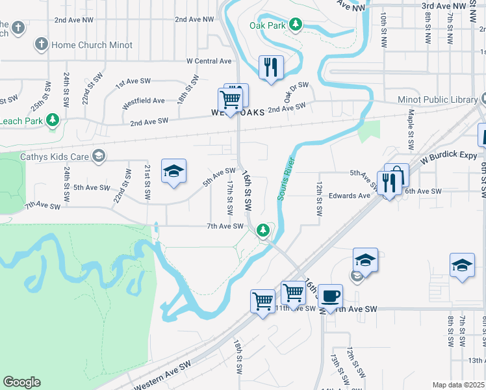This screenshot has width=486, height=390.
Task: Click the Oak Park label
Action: pyautogui.click(x=267, y=25)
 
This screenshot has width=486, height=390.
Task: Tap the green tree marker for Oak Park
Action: pyautogui.click(x=296, y=25)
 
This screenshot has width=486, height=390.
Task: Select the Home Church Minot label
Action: pyautogui.click(x=92, y=45)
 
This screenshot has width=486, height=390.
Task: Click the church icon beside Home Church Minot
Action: pyautogui.click(x=41, y=45)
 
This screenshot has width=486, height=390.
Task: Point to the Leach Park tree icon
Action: pyautogui.click(x=53, y=120)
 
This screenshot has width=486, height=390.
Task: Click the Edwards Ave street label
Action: pyautogui.click(x=349, y=196)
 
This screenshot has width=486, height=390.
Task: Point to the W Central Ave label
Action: pyautogui.click(x=209, y=61)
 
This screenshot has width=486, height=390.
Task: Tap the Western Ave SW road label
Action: pyautogui.click(x=162, y=376)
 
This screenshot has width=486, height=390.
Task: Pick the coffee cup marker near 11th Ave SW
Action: pyautogui.click(x=330, y=296)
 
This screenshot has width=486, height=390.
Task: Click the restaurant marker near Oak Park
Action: pyautogui.click(x=271, y=67)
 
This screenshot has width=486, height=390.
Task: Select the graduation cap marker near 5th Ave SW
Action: pyautogui.click(x=173, y=171)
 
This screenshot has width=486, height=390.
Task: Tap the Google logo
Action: pyautogui.click(x=21, y=382)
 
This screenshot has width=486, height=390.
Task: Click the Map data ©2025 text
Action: pyautogui.click(x=458, y=385)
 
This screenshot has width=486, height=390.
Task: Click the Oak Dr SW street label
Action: pyautogui.click(x=296, y=90)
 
